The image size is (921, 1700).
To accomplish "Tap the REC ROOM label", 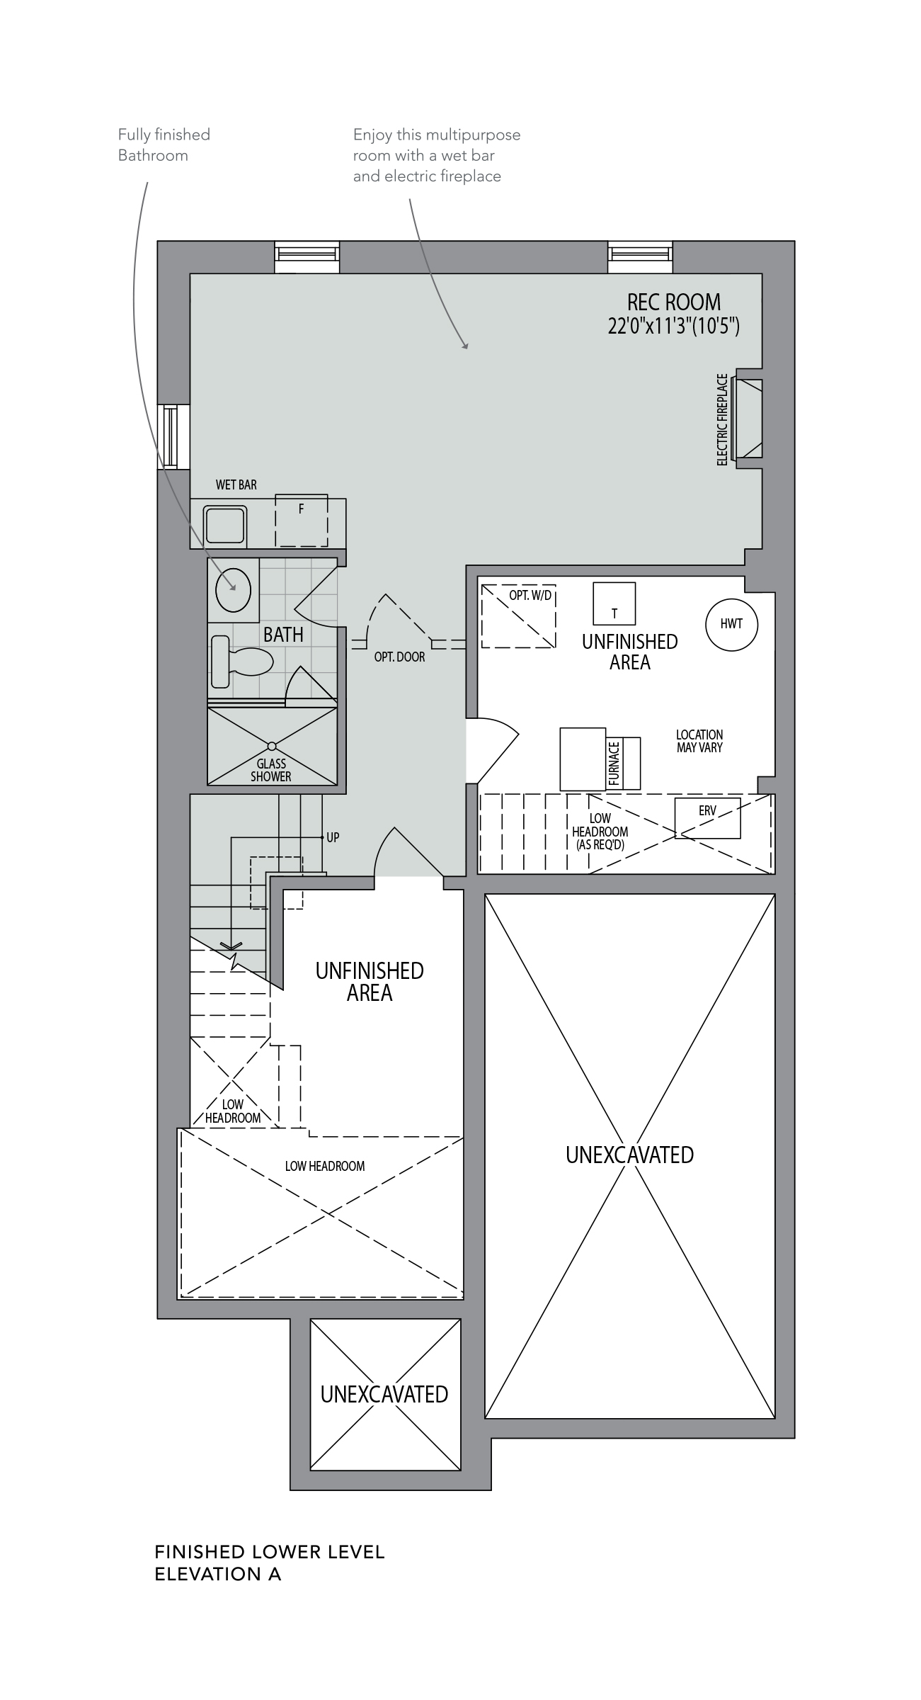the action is click(x=673, y=302).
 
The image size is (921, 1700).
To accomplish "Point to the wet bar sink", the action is click(x=225, y=526).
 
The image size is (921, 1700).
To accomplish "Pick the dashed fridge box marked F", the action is click(x=301, y=521).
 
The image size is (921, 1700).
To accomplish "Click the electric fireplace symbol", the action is click(x=749, y=419).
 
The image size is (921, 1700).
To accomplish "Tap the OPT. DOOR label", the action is click(x=400, y=657).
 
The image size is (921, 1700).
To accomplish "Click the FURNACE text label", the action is click(x=614, y=764).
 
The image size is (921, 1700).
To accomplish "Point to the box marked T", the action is click(x=614, y=603).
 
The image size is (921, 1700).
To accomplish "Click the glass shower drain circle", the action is click(x=272, y=746).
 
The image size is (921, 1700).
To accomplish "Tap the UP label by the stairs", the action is click(x=333, y=837).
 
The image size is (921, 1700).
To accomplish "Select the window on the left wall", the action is click(x=173, y=437).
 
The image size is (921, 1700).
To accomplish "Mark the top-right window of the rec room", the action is click(x=640, y=257).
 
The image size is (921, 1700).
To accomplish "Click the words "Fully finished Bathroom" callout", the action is click(x=164, y=144).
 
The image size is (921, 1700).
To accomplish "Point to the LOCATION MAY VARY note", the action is click(x=699, y=741).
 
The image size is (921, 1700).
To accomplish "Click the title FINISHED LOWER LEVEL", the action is click(x=270, y=1552).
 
